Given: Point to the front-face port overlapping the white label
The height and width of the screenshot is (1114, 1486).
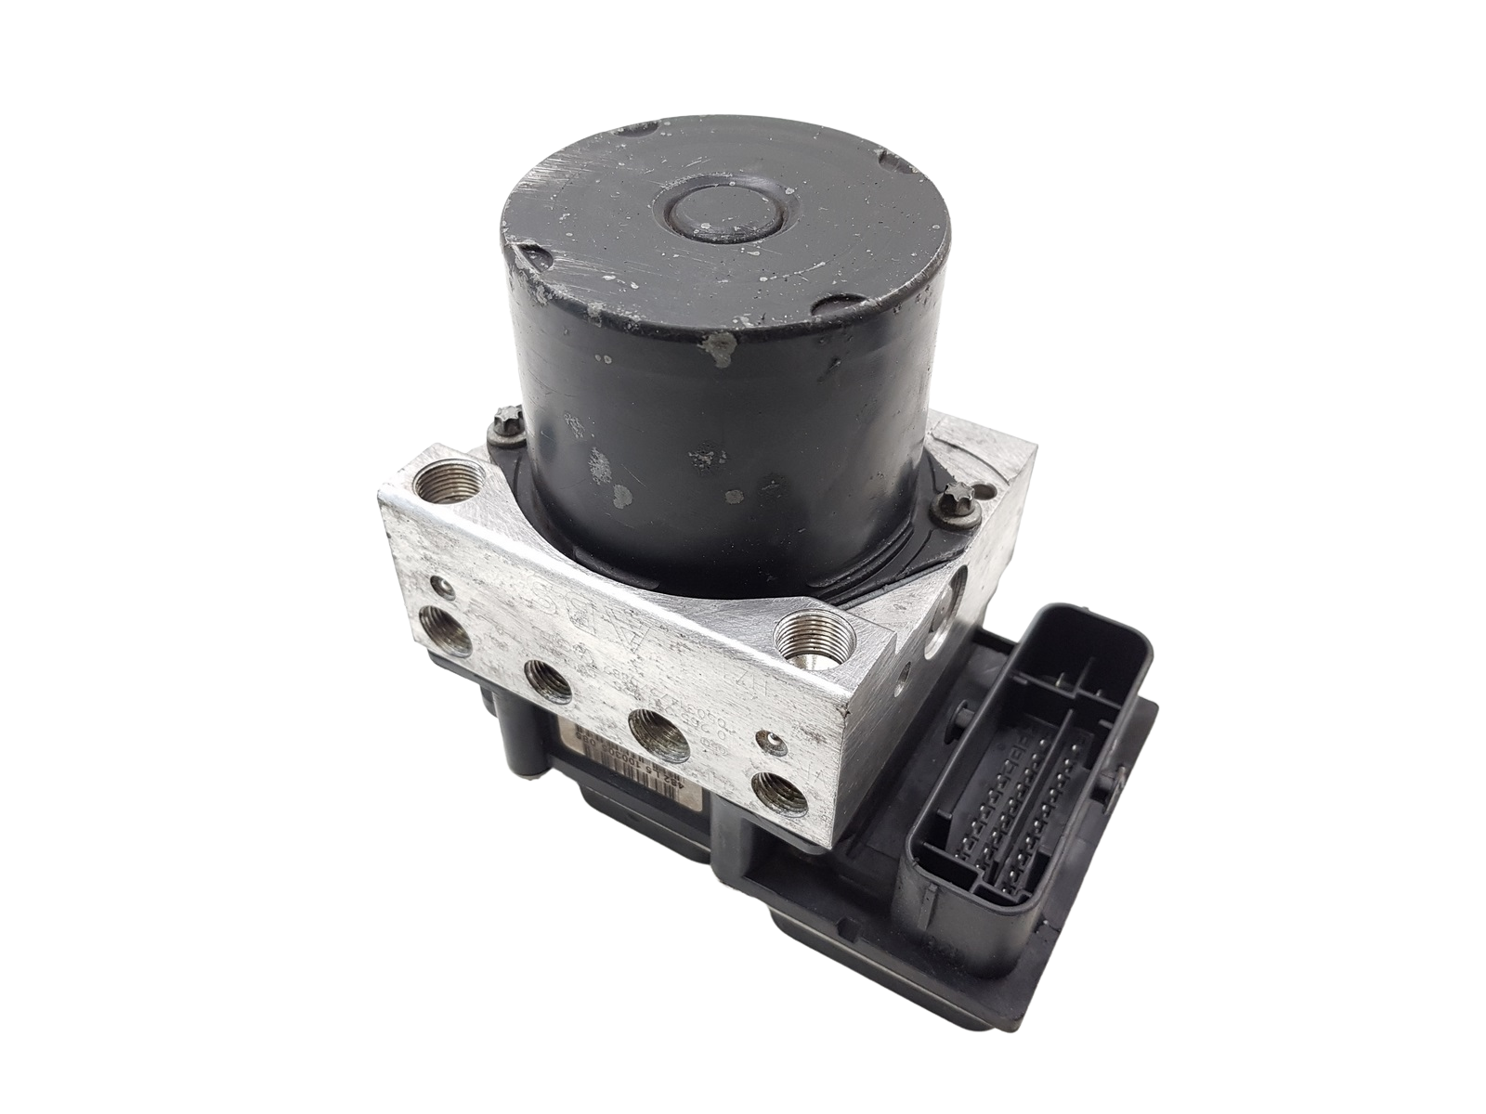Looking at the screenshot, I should click(x=658, y=729).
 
